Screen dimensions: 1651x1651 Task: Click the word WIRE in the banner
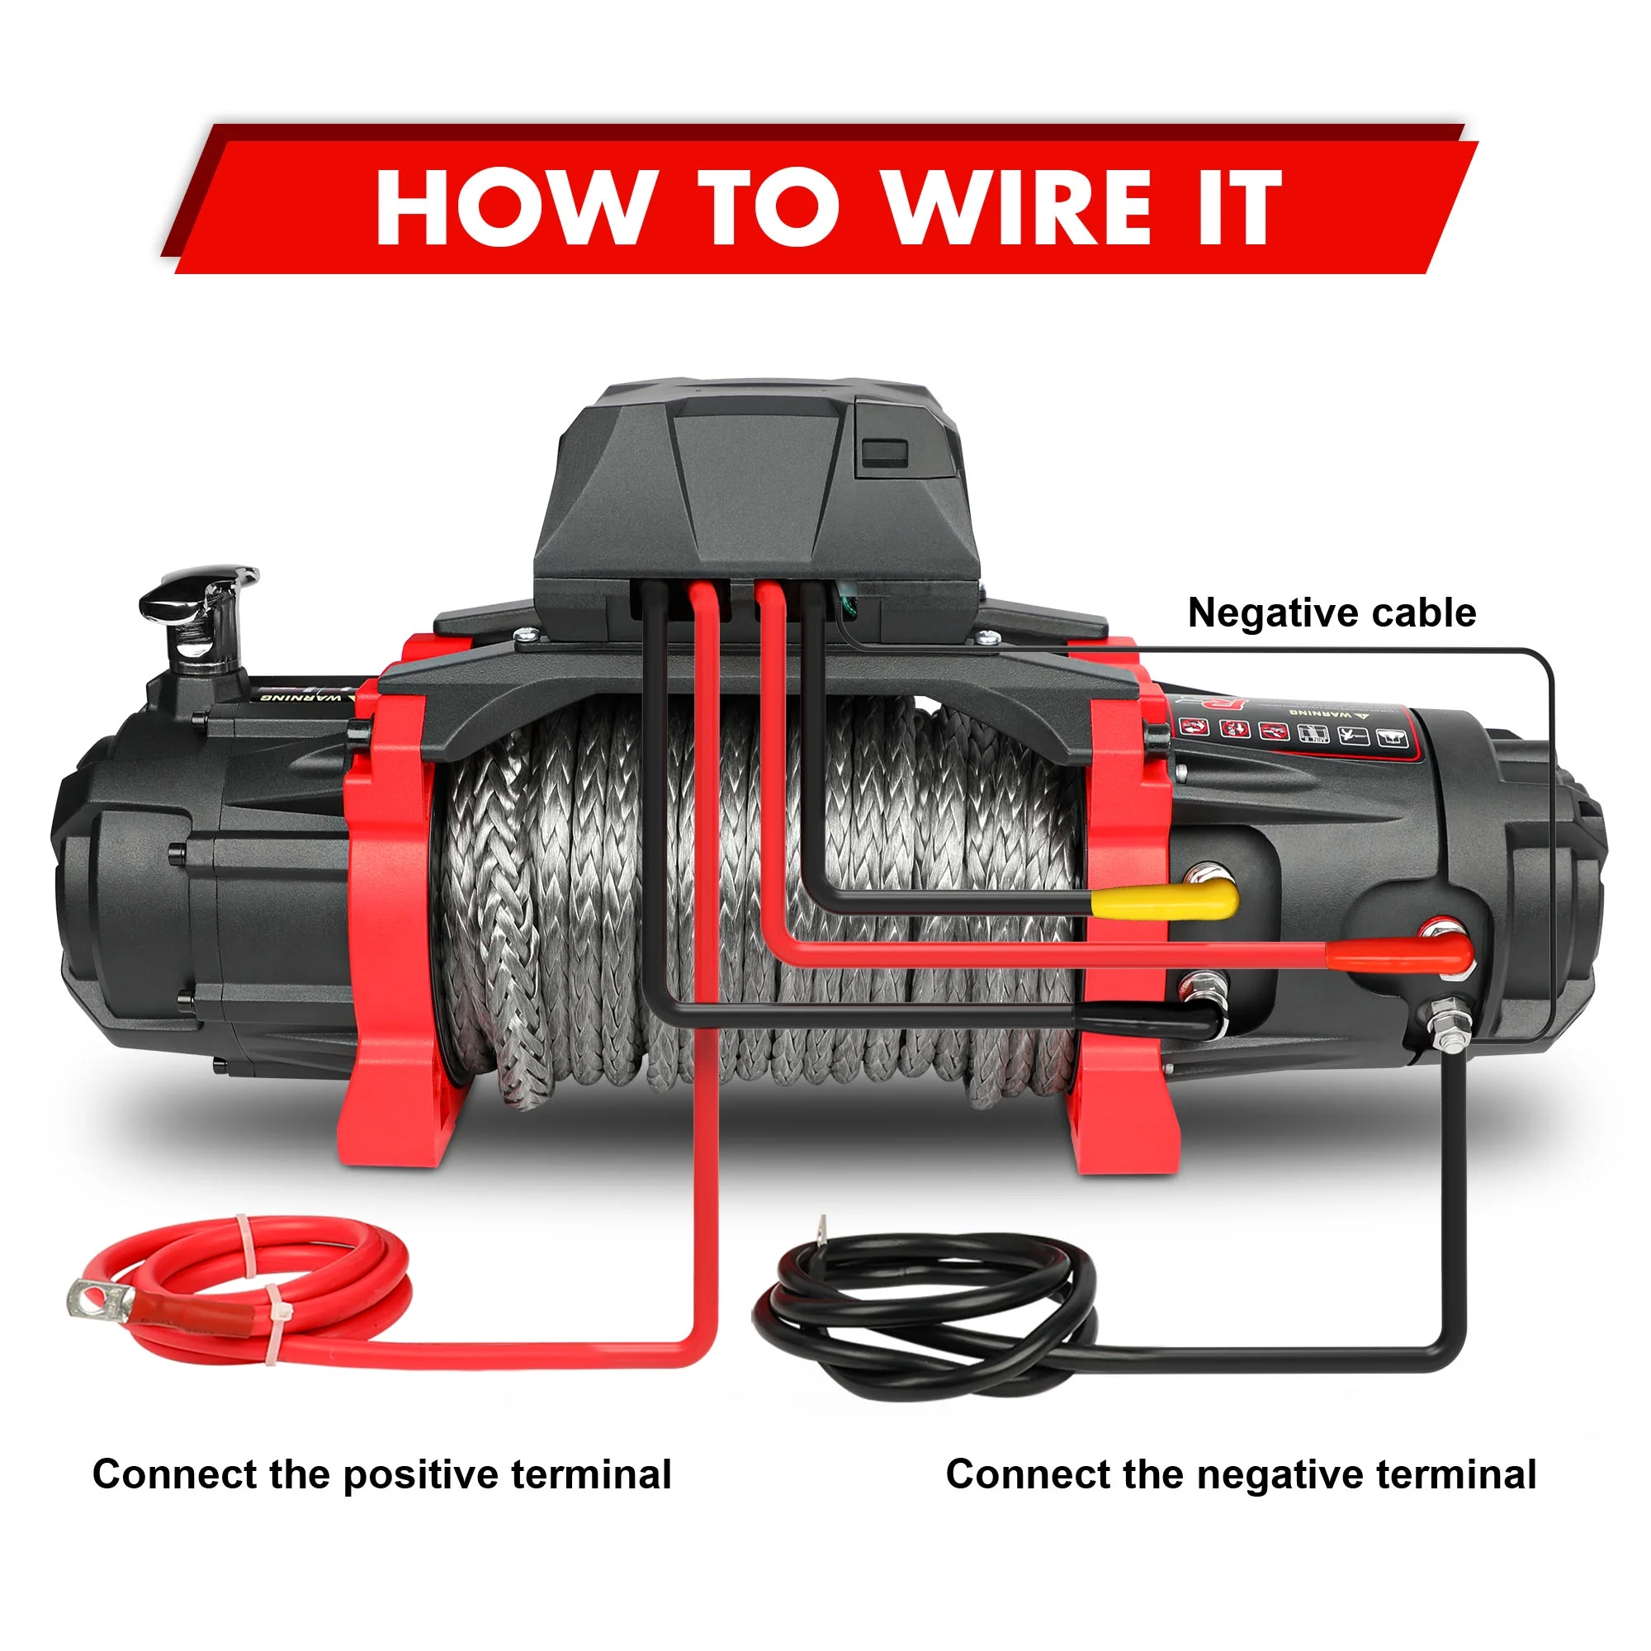pos(1018,207)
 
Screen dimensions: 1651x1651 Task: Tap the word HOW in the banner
pos(511,207)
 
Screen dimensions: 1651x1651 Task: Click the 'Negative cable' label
pos(1332,613)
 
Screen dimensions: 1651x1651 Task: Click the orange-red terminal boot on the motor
pos(1402,951)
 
